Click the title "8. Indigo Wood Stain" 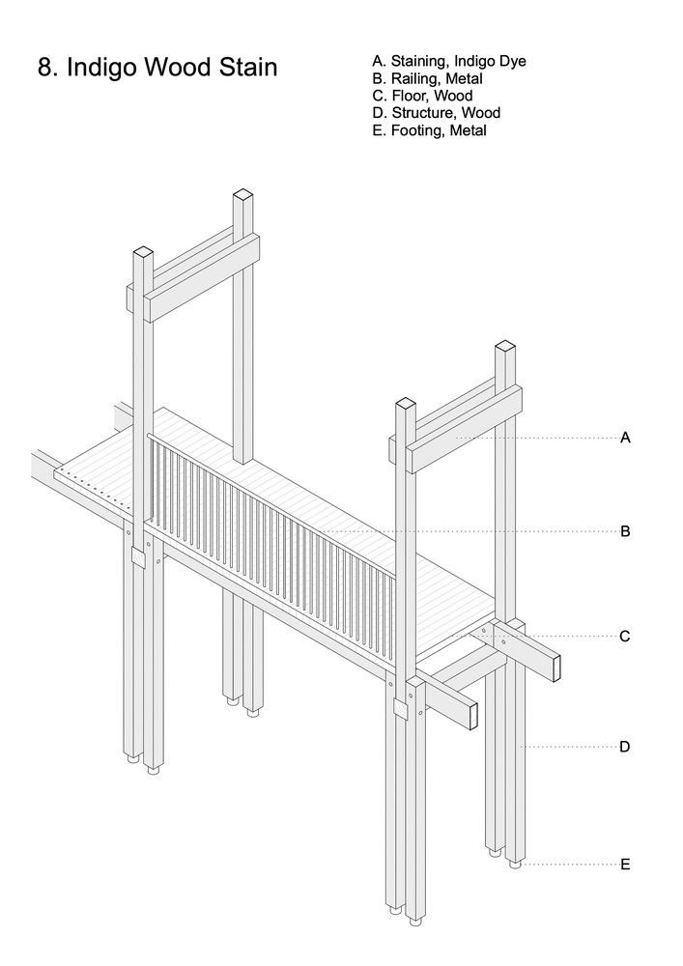[157, 68]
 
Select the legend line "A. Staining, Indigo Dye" [449, 61]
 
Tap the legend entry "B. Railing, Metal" [427, 78]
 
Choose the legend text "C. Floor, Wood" [422, 96]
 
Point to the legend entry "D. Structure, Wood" [436, 113]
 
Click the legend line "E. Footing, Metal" [429, 130]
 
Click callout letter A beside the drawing [625, 438]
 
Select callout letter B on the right [625, 531]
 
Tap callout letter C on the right [625, 636]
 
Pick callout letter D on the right [625, 747]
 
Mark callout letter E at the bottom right [625, 865]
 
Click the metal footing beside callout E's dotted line [515, 865]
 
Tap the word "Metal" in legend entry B [465, 78]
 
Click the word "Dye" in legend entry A [514, 61]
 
